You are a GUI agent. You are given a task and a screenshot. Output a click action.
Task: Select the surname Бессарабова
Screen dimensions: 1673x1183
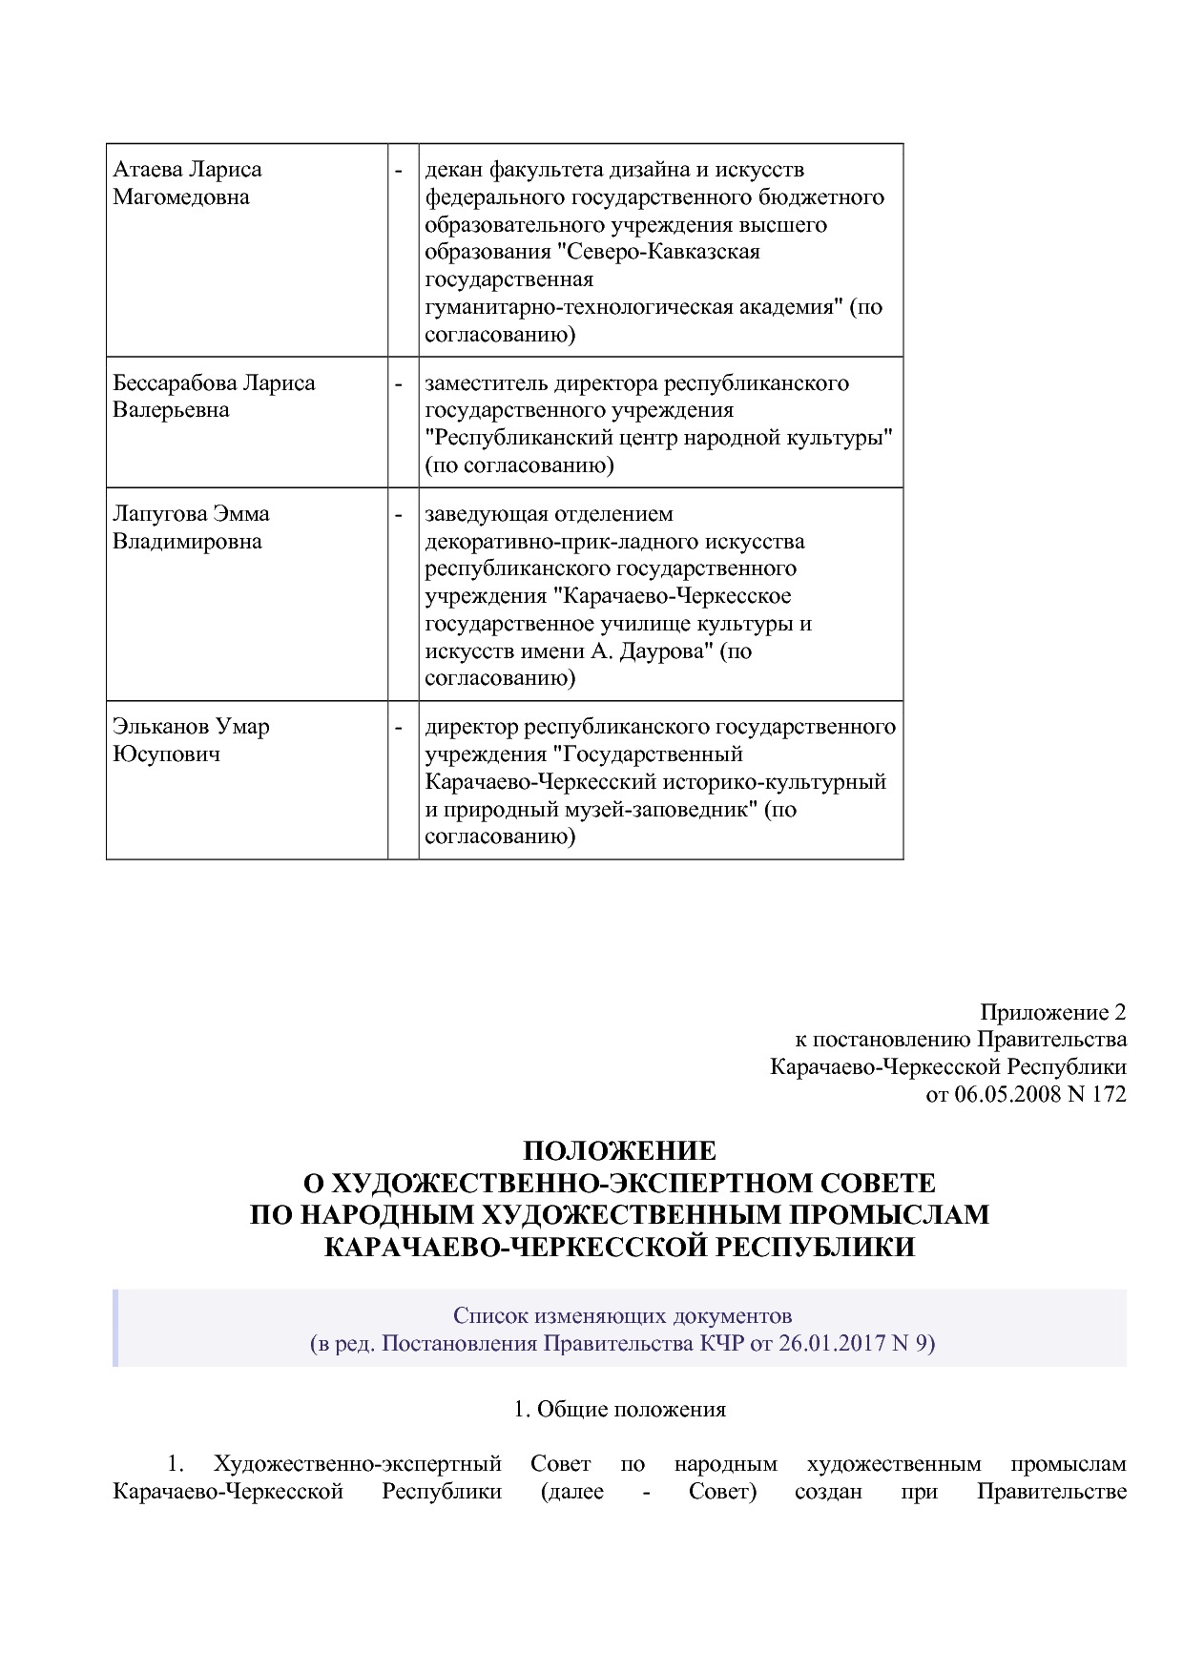click(x=175, y=383)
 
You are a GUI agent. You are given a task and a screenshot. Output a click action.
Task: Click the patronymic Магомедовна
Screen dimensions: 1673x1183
click(x=181, y=197)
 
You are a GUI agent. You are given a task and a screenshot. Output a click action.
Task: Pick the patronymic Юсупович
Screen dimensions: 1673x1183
click(x=167, y=754)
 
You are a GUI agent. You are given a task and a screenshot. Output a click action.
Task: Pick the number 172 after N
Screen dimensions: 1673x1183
click(x=1110, y=1094)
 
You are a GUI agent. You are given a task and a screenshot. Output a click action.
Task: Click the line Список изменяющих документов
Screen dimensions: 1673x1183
click(x=622, y=1316)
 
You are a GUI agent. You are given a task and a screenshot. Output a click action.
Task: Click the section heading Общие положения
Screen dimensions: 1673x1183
click(x=631, y=1409)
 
